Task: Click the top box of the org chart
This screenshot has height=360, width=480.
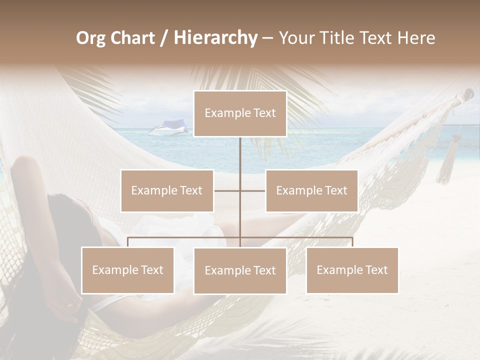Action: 240,113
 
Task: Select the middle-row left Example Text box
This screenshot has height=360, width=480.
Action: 167,190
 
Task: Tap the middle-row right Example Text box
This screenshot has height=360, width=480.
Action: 311,190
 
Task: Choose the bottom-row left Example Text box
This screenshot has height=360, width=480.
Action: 128,270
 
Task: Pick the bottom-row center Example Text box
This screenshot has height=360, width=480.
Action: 240,270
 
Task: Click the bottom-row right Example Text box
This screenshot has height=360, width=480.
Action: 352,270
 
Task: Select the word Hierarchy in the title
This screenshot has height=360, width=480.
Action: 215,38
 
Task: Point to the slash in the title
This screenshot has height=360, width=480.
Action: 164,38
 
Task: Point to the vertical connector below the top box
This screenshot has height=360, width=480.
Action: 240,155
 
